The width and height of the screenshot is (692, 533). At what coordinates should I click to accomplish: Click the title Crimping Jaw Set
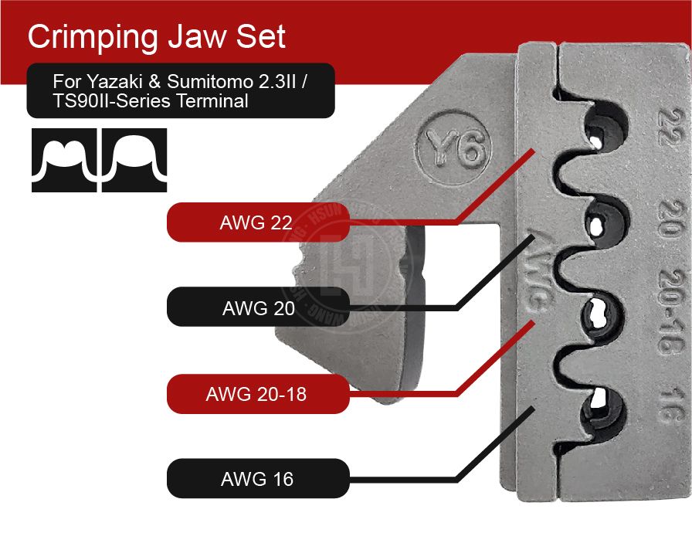156,36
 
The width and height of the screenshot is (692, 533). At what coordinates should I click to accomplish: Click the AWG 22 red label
257,223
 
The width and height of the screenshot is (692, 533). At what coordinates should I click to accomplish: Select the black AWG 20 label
258,308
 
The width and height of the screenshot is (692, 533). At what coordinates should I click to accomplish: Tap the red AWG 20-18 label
256,394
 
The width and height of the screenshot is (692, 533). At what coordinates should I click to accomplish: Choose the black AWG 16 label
257,479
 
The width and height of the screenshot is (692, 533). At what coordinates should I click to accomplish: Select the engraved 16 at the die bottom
663,406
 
